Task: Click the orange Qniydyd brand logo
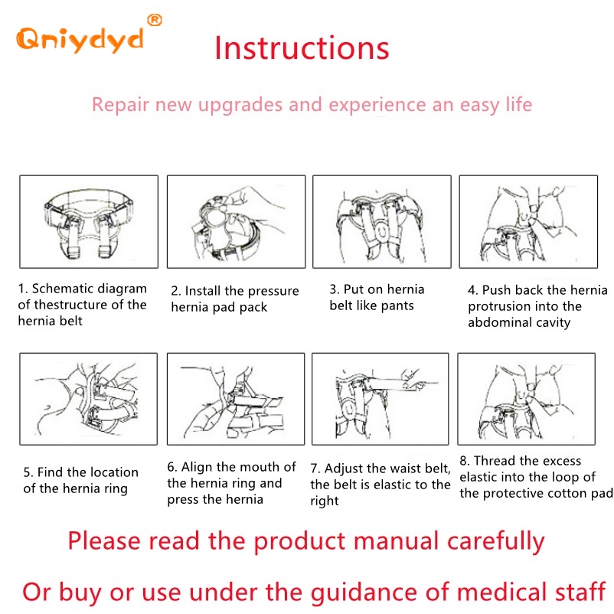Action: [x=80, y=40]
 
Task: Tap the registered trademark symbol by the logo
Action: [x=155, y=20]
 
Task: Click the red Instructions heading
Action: [x=302, y=47]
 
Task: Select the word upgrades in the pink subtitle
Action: [x=241, y=105]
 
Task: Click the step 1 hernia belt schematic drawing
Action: [x=89, y=221]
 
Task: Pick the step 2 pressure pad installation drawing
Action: [x=236, y=221]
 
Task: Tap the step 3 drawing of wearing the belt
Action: [x=382, y=221]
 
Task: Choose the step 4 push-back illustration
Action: [x=528, y=221]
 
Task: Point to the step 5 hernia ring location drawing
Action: [x=89, y=399]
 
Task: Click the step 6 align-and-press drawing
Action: [x=236, y=399]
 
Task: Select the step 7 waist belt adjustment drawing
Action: [x=380, y=399]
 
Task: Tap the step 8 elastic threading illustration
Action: [x=526, y=399]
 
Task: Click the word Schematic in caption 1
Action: [x=63, y=289]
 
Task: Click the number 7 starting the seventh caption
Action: [x=314, y=469]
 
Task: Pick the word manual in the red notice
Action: [x=396, y=541]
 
